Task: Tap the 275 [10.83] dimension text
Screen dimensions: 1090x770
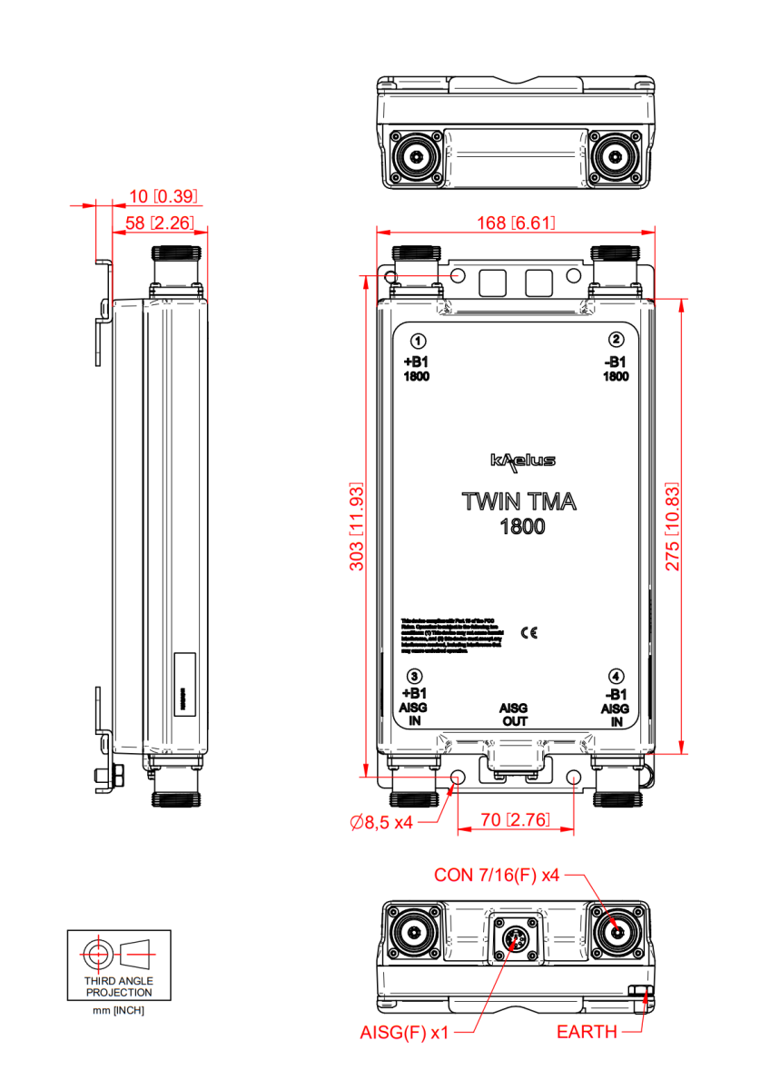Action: point(673,527)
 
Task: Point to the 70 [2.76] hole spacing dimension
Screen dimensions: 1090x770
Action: point(515,819)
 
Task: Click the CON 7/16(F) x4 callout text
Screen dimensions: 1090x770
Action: point(497,876)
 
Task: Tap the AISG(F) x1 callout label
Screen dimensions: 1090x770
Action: point(404,1033)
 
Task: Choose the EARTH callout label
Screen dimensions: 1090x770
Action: point(587,1033)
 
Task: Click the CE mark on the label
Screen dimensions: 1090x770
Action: point(528,633)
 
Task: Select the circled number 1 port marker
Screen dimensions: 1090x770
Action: point(418,342)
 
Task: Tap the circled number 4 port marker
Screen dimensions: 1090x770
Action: point(617,676)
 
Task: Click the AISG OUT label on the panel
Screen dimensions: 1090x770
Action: point(515,714)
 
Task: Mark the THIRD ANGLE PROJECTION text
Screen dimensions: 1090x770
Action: point(119,986)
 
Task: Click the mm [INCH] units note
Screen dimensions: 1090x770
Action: point(119,1010)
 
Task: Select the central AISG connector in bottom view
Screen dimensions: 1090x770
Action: point(515,939)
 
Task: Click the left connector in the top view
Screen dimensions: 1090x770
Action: point(417,155)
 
